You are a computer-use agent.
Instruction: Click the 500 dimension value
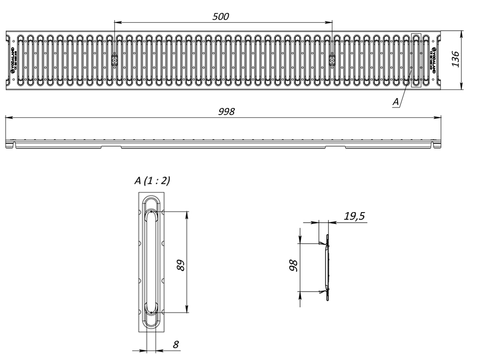[x=220, y=17]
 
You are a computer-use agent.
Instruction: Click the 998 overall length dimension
[x=226, y=112]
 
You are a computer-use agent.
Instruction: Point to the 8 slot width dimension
[x=175, y=345]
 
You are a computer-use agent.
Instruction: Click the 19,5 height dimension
[x=354, y=216]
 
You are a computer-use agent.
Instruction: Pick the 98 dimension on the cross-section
[x=292, y=266]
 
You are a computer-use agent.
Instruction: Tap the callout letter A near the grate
[x=396, y=101]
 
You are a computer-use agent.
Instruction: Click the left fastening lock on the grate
[x=114, y=60]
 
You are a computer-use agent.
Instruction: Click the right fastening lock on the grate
[x=332, y=60]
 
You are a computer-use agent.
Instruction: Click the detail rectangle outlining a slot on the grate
[x=416, y=60]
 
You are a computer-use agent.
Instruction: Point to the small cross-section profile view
[x=326, y=267]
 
